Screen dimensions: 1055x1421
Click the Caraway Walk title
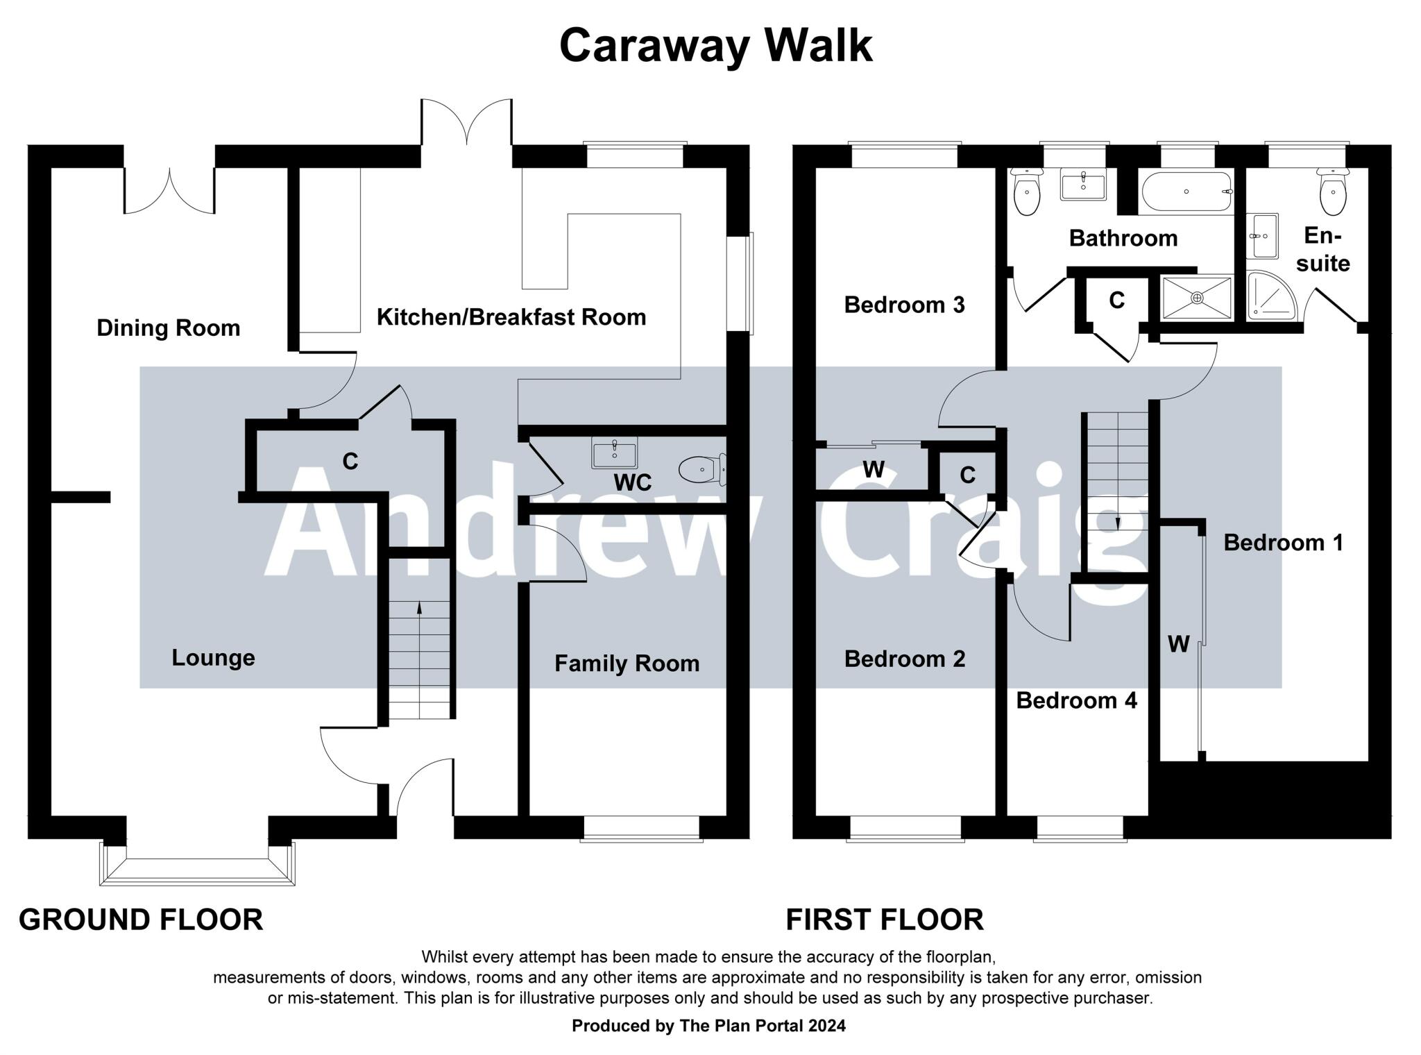point(715,46)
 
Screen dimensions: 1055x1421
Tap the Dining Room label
point(168,328)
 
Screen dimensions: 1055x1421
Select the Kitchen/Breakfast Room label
point(511,317)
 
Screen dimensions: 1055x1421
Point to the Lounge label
point(213,657)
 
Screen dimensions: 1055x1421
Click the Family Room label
point(627,664)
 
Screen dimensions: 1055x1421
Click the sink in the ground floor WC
point(614,454)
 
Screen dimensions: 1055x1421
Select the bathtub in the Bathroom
point(1186,192)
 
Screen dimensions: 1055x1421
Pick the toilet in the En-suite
point(1333,193)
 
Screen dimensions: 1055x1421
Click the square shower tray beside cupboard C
point(1197,298)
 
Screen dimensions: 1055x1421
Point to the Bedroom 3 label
point(904,305)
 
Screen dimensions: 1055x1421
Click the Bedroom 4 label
point(1076,700)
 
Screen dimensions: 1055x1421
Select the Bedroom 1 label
point(1283,542)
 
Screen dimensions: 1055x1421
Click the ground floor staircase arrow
point(419,609)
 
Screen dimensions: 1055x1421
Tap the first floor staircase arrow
point(1117,524)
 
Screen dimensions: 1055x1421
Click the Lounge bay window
point(197,868)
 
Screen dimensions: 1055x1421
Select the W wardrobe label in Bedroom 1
point(1178,644)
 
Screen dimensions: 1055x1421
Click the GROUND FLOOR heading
point(141,920)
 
